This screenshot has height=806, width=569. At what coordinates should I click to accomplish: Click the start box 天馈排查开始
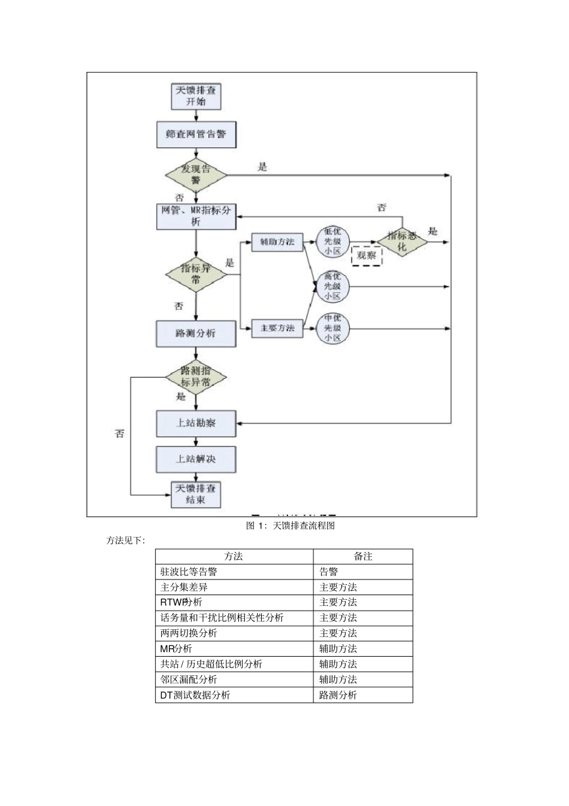pos(196,96)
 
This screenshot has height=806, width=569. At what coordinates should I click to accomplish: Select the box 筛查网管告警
pos(196,134)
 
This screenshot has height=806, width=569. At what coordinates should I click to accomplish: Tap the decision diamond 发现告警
pos(196,175)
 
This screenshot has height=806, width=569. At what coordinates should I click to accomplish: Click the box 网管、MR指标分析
pos(196,216)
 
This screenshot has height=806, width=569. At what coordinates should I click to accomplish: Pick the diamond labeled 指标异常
pos(196,274)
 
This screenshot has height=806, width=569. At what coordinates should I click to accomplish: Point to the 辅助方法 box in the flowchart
pos(277,242)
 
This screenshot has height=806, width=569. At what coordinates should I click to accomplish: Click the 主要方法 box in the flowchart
pos(277,328)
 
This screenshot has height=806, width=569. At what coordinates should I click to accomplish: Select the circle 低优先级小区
pos(332,242)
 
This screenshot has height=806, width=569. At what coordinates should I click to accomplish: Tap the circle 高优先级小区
pos(332,286)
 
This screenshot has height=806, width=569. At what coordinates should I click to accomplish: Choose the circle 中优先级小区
pos(332,328)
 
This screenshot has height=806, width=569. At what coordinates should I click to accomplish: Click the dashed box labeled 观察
pos(366,255)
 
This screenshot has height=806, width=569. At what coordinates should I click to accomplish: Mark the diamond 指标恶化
pos(402,242)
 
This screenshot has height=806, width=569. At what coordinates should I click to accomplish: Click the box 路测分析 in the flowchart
pos(196,333)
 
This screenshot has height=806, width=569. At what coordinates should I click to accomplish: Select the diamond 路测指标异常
pos(196,377)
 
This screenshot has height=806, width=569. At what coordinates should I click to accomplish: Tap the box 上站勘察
pos(196,423)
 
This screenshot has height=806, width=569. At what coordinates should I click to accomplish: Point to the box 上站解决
pos(196,459)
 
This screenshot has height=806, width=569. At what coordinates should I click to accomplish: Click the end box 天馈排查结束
pos(196,494)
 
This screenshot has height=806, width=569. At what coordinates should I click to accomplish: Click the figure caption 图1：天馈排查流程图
pos(290,526)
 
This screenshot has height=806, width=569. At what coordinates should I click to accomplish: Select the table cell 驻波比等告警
pos(234,572)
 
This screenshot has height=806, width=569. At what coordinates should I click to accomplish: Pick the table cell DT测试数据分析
pos(234,695)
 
